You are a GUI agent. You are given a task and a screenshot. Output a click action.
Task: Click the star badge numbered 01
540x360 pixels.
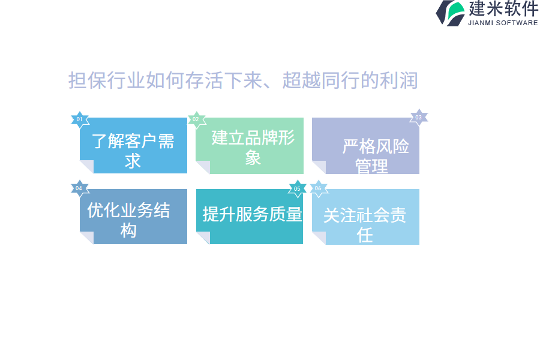click(80, 119)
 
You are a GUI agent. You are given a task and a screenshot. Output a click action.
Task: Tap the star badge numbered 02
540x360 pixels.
click(197, 119)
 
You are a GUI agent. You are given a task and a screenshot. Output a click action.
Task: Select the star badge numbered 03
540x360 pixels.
click(419, 118)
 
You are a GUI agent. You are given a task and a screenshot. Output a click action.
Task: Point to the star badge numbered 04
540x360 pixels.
click(80, 188)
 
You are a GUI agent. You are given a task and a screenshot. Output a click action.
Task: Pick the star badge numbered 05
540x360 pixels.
click(298, 189)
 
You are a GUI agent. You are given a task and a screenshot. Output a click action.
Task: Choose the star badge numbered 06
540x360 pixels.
click(319, 188)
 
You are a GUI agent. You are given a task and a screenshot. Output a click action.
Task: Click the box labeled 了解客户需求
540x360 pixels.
click(134, 146)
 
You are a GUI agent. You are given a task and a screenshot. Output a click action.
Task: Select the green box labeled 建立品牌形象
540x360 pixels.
click(250, 146)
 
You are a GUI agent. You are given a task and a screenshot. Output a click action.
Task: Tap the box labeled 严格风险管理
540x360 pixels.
click(366, 146)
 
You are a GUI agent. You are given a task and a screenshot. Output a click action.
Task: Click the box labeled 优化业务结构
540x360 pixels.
click(134, 217)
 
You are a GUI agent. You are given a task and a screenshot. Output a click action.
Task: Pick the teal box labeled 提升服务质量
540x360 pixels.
click(250, 217)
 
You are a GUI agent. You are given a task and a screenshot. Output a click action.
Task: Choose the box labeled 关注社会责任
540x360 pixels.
click(366, 217)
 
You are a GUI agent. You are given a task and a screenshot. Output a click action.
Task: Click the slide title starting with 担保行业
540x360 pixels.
click(243, 80)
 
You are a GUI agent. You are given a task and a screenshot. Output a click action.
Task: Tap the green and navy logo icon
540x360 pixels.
click(450, 13)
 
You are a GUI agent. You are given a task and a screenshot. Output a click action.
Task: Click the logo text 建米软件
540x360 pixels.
click(503, 8)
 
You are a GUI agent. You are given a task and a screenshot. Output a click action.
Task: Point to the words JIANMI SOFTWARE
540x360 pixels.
click(503, 23)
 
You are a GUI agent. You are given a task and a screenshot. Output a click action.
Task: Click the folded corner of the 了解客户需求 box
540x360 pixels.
click(87, 167)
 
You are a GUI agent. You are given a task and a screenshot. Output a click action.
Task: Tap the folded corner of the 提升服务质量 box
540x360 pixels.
click(203, 238)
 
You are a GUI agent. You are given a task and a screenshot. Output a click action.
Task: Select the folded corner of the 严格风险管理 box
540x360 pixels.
click(319, 167)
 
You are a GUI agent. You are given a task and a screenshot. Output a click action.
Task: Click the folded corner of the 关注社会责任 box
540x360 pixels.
click(319, 238)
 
